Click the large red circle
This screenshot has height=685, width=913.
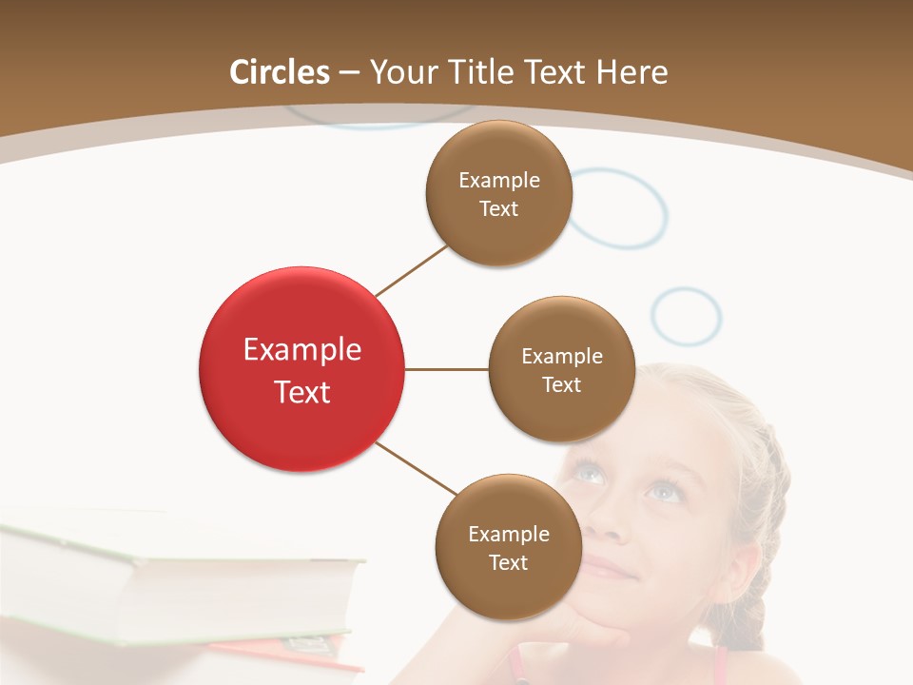(302, 369)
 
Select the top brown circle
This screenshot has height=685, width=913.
(499, 193)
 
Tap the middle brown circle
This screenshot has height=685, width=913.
(562, 369)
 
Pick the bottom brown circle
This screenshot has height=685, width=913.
(508, 547)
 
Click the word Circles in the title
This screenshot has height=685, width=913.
(280, 72)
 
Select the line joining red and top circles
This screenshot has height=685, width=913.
(411, 270)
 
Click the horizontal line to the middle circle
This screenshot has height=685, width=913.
(447, 369)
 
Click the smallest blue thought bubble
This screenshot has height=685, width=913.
(687, 316)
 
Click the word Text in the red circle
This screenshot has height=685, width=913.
(302, 392)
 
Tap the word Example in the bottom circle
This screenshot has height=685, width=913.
(508, 534)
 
